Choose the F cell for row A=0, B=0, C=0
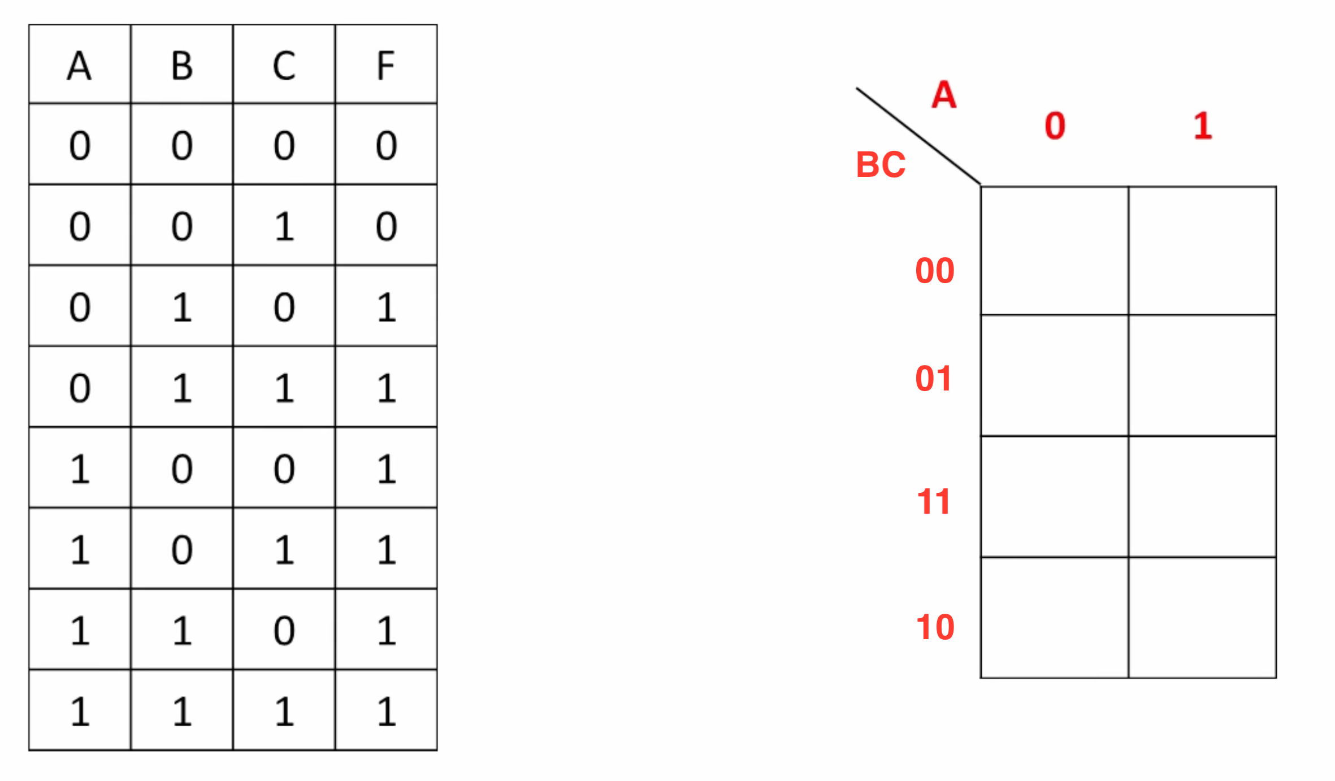387,146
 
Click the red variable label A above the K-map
944,94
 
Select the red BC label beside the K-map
881,165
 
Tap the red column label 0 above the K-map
1055,125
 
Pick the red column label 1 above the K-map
1203,125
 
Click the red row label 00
935,271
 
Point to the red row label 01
934,379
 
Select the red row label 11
934,502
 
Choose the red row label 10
935,627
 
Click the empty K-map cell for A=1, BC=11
1202,497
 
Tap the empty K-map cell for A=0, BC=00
1055,251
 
